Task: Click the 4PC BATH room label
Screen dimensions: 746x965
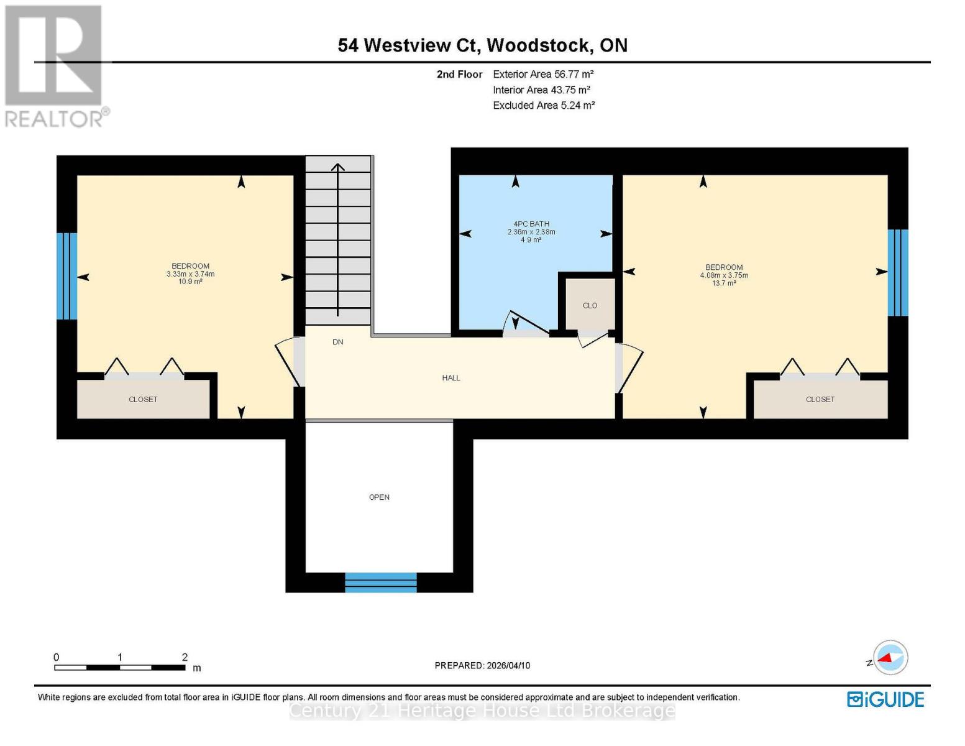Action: (531, 224)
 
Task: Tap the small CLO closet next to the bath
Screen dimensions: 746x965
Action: (590, 305)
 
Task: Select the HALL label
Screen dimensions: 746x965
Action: (451, 378)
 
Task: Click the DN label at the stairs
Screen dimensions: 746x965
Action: (337, 342)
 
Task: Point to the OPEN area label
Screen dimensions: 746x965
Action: (379, 497)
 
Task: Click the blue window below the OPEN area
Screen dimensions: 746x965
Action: (380, 582)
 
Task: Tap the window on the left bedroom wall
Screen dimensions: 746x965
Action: (66, 276)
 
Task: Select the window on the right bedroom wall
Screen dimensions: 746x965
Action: (898, 273)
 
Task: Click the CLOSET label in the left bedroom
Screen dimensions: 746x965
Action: (143, 400)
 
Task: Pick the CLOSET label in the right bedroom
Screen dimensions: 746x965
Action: (820, 400)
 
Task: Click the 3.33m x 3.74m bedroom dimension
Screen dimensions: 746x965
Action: (190, 274)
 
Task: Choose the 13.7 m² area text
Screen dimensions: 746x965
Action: (724, 283)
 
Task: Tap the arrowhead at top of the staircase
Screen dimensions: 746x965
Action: (337, 167)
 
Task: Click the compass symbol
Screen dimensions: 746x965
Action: (890, 658)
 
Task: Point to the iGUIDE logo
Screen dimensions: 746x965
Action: (885, 699)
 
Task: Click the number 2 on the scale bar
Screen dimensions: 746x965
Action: (185, 657)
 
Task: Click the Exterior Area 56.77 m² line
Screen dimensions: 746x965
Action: (543, 74)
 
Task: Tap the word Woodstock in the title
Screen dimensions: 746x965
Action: (538, 45)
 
